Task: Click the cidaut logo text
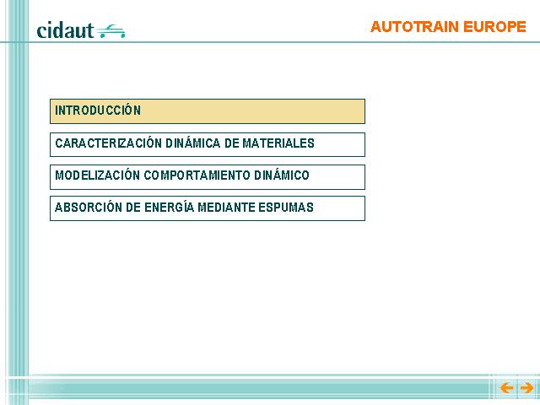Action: [65, 30]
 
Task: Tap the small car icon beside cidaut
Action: [111, 31]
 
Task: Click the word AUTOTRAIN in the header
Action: [414, 27]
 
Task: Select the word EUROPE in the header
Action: [494, 27]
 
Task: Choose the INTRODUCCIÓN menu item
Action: [208, 111]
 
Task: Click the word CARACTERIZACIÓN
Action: [109, 143]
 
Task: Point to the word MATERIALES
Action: [278, 143]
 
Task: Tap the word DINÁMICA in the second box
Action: [193, 143]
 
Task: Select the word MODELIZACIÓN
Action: [97, 175]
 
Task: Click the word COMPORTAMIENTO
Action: [197, 175]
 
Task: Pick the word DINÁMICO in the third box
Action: [281, 175]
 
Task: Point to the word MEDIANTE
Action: [226, 208]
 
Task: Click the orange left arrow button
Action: [506, 388]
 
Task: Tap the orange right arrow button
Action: [526, 388]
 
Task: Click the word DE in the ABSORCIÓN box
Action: [133, 208]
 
